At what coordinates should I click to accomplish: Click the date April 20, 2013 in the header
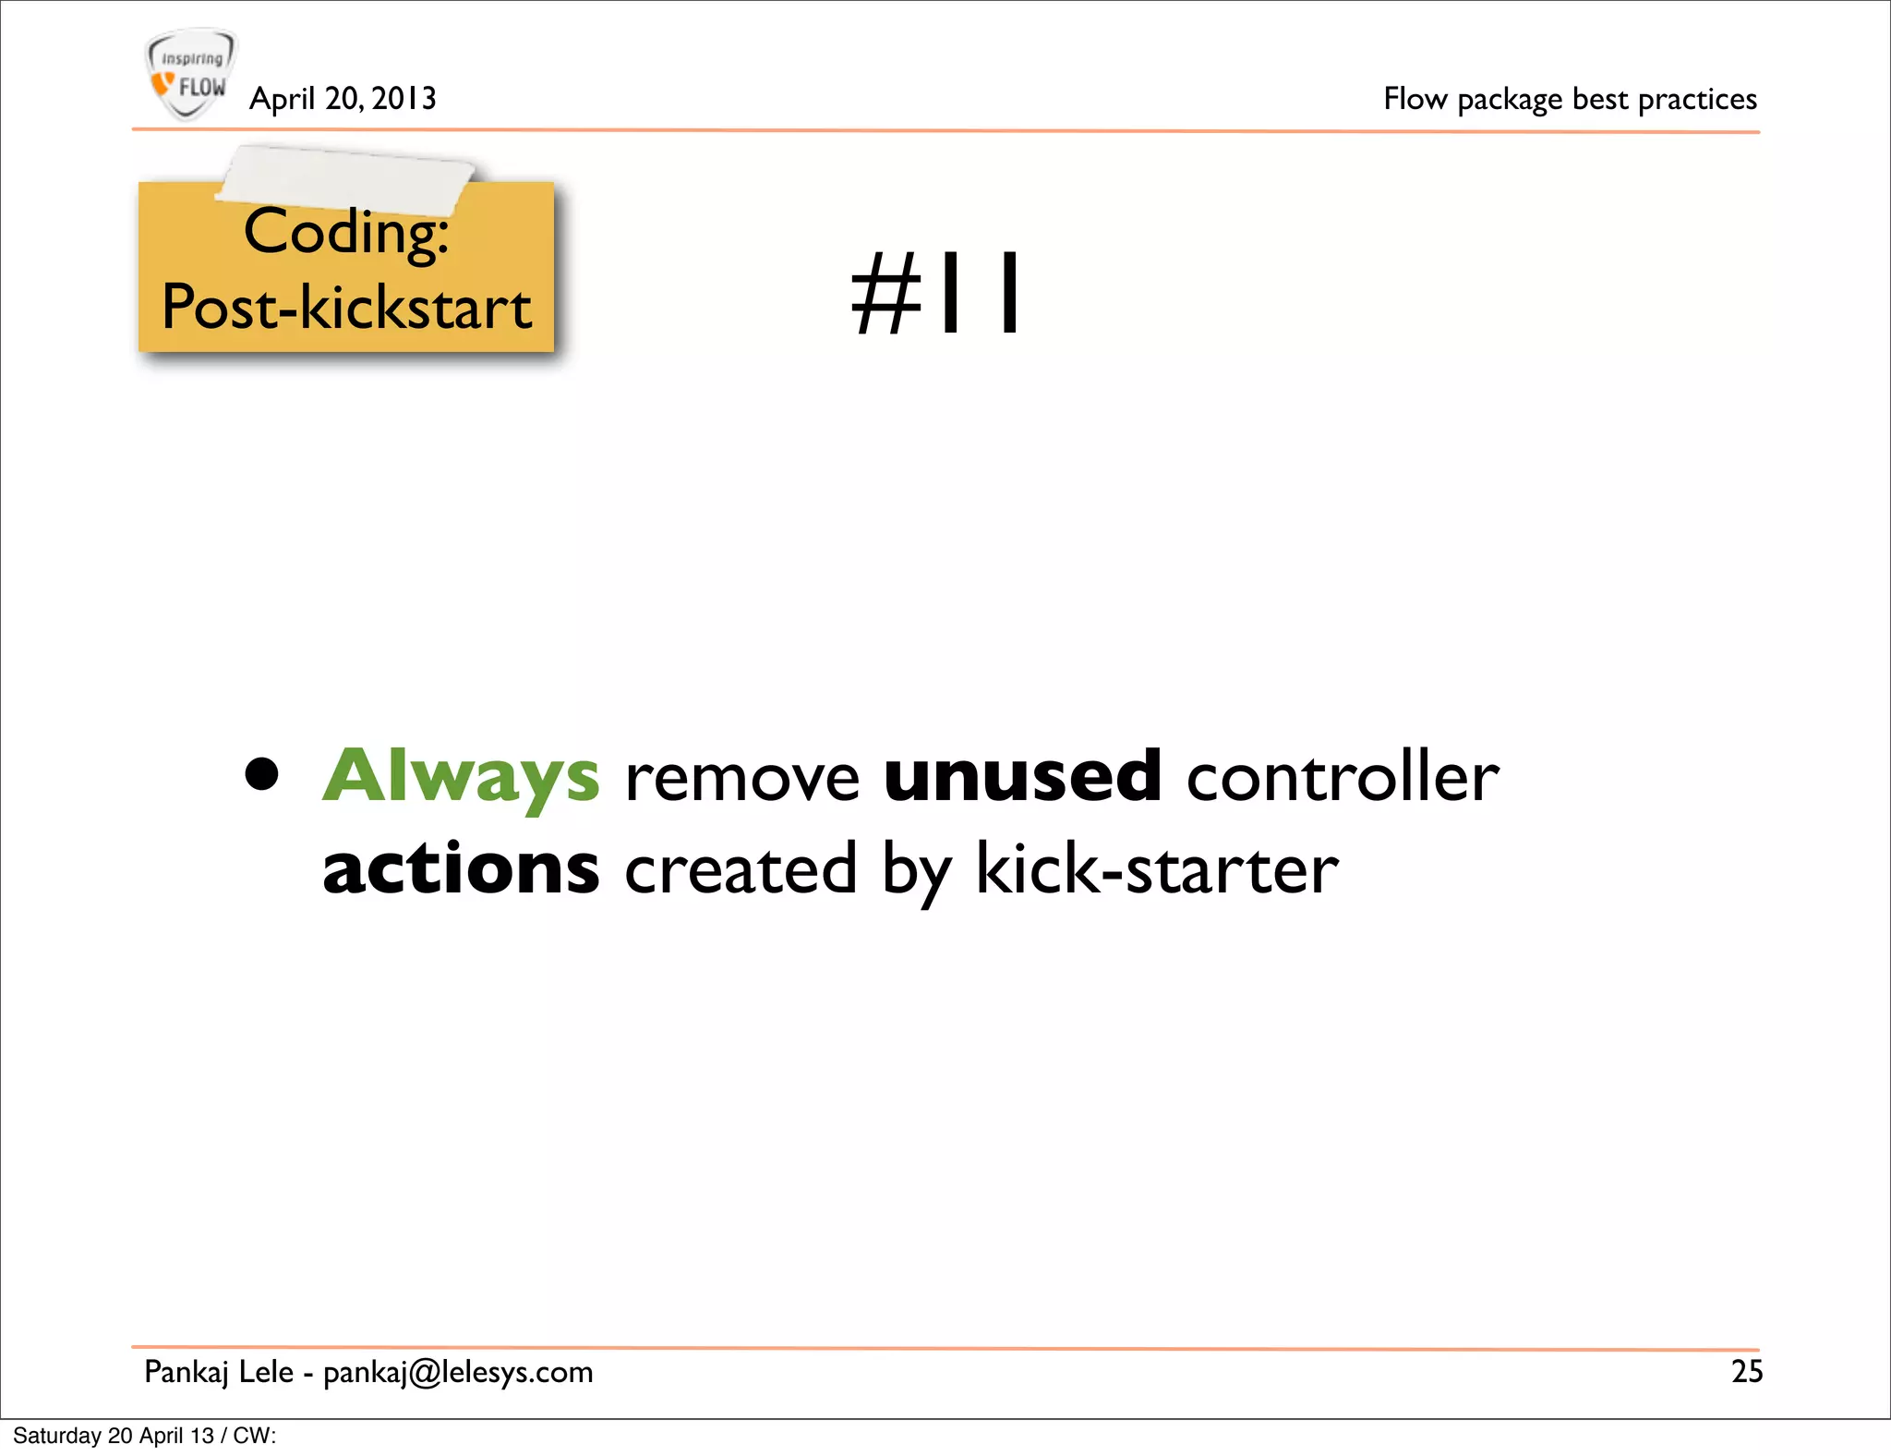(x=343, y=99)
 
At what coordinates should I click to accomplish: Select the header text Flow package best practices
(x=1570, y=99)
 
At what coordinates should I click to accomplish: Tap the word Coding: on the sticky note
(x=346, y=232)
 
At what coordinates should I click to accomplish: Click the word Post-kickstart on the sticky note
(x=346, y=308)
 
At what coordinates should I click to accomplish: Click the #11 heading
(x=936, y=294)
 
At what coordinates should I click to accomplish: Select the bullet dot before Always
(x=262, y=775)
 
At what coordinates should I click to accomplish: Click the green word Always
(x=461, y=776)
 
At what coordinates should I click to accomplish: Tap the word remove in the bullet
(x=742, y=778)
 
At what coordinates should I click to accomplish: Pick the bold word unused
(x=1022, y=776)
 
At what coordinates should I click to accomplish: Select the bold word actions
(x=461, y=869)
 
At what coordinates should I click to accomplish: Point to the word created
(x=741, y=870)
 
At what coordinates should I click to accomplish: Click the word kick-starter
(x=1157, y=870)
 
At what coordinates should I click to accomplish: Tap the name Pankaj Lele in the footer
(x=219, y=1372)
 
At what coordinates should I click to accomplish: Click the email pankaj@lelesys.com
(x=458, y=1373)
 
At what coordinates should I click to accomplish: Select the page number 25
(x=1746, y=1372)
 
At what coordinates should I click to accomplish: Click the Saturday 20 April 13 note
(x=144, y=1436)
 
